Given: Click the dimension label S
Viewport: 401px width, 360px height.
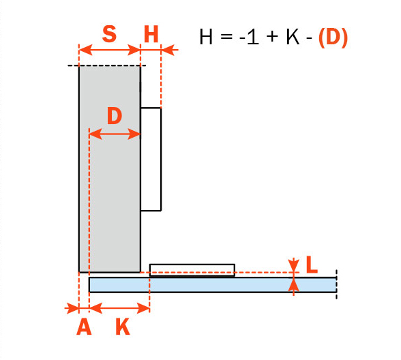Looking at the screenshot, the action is point(109,34).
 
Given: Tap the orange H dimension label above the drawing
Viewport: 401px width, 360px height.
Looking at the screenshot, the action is point(151,34).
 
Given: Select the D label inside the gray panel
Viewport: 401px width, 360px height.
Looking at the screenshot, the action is point(115,116).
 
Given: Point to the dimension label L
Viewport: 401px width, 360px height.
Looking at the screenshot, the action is point(312,265).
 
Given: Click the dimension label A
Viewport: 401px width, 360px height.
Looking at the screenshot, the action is point(84,327).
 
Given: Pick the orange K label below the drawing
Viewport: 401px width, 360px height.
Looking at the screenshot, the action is point(123,327).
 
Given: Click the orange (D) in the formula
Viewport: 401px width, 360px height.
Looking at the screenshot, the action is point(333,37).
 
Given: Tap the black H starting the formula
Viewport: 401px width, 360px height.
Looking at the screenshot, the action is point(206,37).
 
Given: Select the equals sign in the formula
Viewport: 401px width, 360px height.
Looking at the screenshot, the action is point(226,37).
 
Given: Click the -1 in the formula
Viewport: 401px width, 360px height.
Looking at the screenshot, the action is point(249,37).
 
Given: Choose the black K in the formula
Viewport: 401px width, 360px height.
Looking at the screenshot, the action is point(293,37).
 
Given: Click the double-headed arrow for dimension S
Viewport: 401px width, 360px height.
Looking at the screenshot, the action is point(109,50).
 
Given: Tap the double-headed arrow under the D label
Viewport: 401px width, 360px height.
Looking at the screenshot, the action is point(115,134).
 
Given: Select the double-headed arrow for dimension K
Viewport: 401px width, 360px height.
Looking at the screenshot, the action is point(119,308).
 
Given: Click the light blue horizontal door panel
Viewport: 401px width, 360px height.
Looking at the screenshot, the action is point(213,284).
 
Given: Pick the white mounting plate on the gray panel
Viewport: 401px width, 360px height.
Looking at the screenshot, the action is point(151,160).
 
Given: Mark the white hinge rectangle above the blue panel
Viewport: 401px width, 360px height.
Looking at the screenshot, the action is point(192,270).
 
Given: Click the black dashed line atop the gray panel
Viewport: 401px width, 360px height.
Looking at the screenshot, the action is point(107,65).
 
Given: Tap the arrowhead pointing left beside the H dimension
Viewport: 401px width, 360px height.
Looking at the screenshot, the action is point(170,50).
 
